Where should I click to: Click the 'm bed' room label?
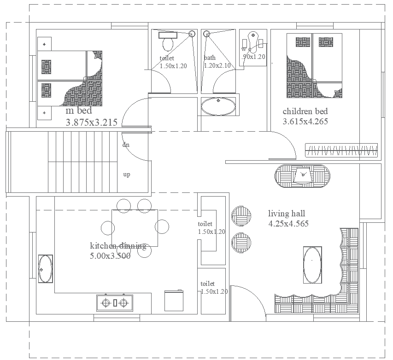coord(79,111)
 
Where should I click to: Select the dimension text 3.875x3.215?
coord(92,122)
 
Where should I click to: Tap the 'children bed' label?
coord(305,111)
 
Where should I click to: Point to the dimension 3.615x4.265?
coord(305,122)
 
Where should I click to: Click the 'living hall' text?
coord(287,214)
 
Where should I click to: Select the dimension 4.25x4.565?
coord(288,224)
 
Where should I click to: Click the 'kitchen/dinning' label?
coord(118,246)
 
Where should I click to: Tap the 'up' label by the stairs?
coord(126,175)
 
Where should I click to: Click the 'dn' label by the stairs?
coord(126,145)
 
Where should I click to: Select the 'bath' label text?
coord(210,58)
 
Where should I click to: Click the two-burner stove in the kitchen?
coord(115,302)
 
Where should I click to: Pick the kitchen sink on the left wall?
coord(45,269)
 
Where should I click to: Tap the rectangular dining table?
coord(135,228)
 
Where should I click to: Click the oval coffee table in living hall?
coord(312,265)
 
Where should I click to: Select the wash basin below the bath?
coord(218,106)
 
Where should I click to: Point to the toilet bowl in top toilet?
coord(168,44)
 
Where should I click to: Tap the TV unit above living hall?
coord(303,175)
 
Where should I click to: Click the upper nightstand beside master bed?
coord(44,44)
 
